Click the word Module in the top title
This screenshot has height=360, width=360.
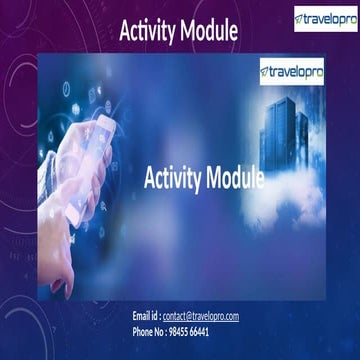pos(209,31)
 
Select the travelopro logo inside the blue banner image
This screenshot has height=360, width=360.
pos(292,71)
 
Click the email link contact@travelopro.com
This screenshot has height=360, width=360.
pos(201,316)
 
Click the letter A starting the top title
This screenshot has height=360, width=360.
pos(126,31)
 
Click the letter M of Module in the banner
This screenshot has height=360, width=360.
pos(214,179)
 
